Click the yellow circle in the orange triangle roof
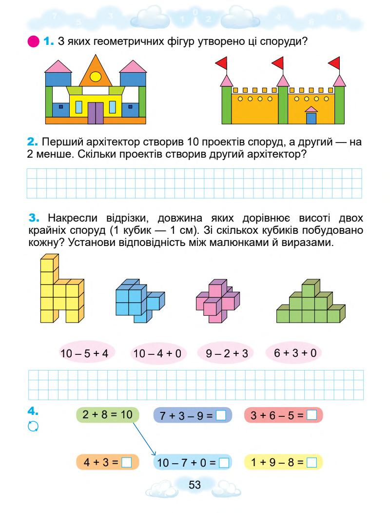(96, 76)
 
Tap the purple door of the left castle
(96, 110)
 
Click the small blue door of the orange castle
(311, 118)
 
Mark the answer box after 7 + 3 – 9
(221, 416)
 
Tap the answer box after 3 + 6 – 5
(312, 416)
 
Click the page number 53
(195, 485)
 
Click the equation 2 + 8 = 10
(108, 415)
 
